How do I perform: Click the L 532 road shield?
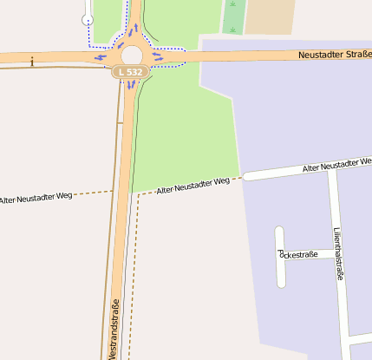click(130, 72)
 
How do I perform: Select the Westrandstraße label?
click(114, 328)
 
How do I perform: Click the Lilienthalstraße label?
click(338, 252)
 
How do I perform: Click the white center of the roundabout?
click(131, 56)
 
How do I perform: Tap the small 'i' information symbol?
click(32, 61)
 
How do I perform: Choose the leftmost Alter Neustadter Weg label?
click(36, 200)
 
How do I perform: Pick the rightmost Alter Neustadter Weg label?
click(336, 164)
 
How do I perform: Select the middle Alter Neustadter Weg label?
click(193, 185)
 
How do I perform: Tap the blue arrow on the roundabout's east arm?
click(157, 57)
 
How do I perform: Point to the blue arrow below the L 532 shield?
click(130, 84)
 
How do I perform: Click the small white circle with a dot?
click(88, 18)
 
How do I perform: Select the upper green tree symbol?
click(232, 5)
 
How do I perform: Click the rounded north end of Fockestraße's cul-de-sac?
click(279, 231)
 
